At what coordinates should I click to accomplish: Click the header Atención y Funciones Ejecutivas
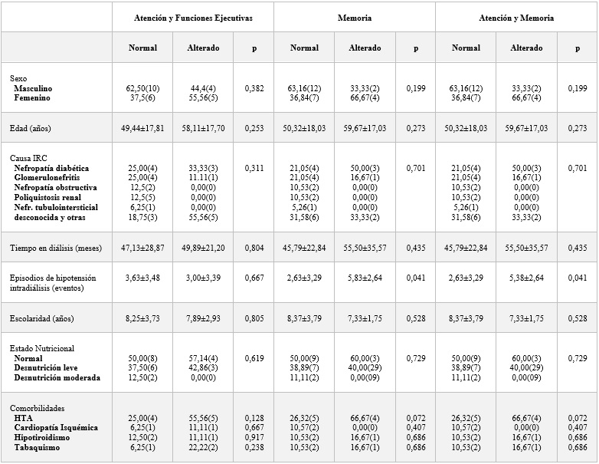click(x=193, y=18)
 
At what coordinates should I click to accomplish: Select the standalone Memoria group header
click(x=355, y=18)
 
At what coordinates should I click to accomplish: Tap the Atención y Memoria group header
click(x=516, y=18)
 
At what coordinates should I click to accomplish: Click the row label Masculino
click(x=33, y=88)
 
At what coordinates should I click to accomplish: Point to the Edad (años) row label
click(x=30, y=128)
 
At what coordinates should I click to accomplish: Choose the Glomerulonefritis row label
click(x=47, y=177)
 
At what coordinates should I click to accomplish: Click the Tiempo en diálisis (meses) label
click(x=56, y=248)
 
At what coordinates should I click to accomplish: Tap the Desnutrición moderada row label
click(x=57, y=377)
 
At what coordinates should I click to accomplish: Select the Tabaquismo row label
click(x=37, y=447)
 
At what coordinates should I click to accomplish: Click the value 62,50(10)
click(x=142, y=88)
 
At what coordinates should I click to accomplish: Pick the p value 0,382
click(x=254, y=88)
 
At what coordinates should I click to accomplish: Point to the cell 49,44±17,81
click(x=142, y=128)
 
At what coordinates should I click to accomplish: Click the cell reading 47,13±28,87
click(x=142, y=248)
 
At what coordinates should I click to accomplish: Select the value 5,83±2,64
click(x=365, y=278)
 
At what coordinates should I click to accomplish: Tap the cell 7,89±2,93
click(x=203, y=318)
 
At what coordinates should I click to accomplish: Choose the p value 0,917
click(x=254, y=437)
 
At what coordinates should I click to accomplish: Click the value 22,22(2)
click(x=203, y=447)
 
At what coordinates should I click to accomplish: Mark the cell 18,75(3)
click(x=142, y=217)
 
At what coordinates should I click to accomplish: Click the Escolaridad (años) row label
click(x=41, y=318)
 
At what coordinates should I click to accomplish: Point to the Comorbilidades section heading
click(x=37, y=408)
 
